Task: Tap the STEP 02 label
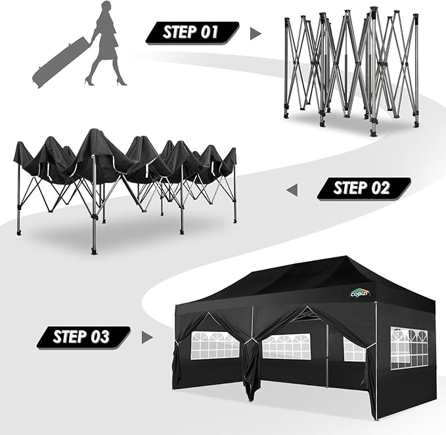[x=363, y=189]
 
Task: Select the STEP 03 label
[x=82, y=337]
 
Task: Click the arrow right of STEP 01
[x=256, y=33]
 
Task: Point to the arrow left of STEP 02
[x=292, y=190]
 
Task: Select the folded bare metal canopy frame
[x=351, y=69]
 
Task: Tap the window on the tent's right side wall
[x=409, y=347]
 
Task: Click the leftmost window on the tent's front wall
[x=215, y=345]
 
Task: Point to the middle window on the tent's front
[x=286, y=346]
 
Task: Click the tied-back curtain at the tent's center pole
[x=250, y=367]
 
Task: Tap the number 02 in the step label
[x=379, y=189]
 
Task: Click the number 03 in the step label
[x=99, y=337]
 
